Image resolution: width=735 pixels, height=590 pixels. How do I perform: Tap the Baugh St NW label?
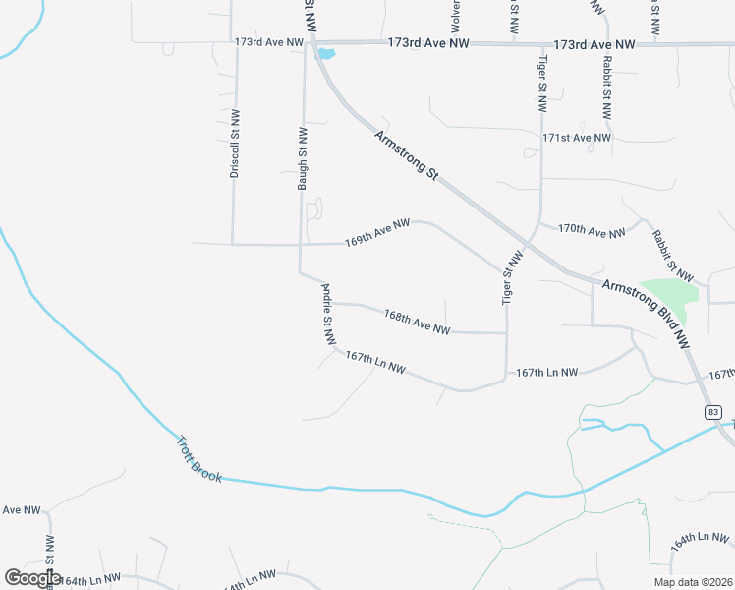tap(304, 157)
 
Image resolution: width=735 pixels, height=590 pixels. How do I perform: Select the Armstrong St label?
tap(406, 154)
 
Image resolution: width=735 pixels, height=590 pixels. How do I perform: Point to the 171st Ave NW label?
tap(577, 139)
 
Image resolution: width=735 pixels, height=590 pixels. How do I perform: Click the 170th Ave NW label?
tap(592, 231)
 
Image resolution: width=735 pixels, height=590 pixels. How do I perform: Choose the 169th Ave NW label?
tap(376, 233)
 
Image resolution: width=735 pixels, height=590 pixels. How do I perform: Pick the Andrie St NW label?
tap(329, 315)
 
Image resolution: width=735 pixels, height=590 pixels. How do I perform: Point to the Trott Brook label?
tap(198, 458)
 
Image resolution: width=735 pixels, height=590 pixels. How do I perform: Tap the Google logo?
tap(32, 577)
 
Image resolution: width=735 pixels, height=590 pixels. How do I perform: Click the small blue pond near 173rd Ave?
tap(325, 54)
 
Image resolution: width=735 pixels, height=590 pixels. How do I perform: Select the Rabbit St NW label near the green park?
tap(672, 257)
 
